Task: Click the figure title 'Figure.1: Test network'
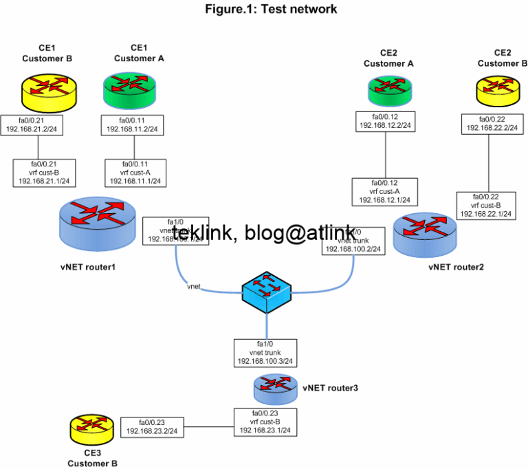pos(270,9)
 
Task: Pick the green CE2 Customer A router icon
pos(388,88)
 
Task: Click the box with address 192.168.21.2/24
pos(38,124)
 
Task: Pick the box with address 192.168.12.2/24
pos(385,122)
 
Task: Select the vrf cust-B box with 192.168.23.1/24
pos(264,422)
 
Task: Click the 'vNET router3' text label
pos(330,388)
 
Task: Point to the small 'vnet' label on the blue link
pos(193,285)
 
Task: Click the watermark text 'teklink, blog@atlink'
pos(265,235)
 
